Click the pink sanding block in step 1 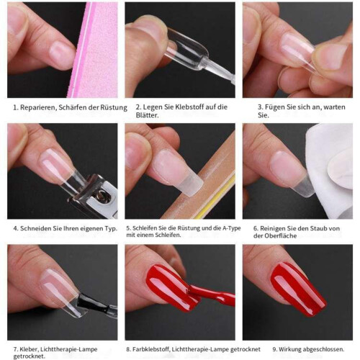tap(95, 50)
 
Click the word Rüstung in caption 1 tap(114, 108)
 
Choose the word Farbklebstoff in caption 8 tap(151, 349)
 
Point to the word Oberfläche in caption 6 tap(280, 235)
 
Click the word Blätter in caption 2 tap(148, 115)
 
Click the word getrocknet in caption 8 tap(246, 349)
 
